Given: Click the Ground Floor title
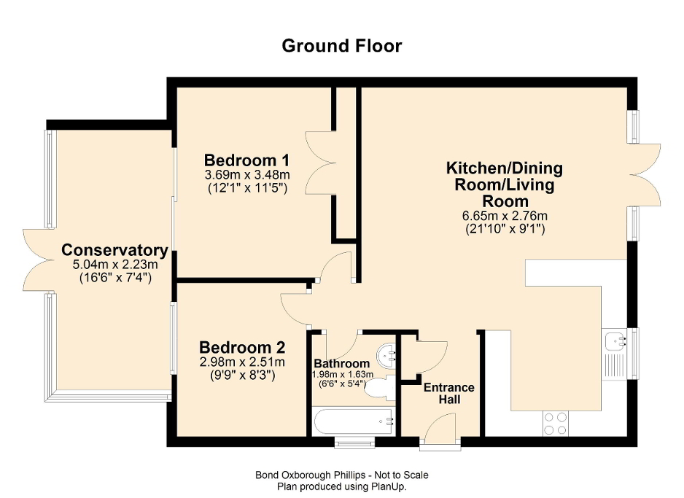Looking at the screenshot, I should [341, 46].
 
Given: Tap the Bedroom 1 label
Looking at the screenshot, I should [247, 160].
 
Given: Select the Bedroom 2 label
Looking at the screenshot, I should [242, 347].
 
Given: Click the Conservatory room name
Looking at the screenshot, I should [114, 250].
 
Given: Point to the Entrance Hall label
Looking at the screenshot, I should [448, 394].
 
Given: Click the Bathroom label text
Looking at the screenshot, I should [341, 364].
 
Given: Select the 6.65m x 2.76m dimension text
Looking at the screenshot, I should [504, 216].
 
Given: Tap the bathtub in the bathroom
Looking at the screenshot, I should [353, 421].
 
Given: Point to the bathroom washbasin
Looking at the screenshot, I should [386, 355].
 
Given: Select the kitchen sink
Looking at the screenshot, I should [615, 340].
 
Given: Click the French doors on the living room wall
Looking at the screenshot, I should [645, 174].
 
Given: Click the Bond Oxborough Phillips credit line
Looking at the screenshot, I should [341, 475].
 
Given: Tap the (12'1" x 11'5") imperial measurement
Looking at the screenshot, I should [247, 187].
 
